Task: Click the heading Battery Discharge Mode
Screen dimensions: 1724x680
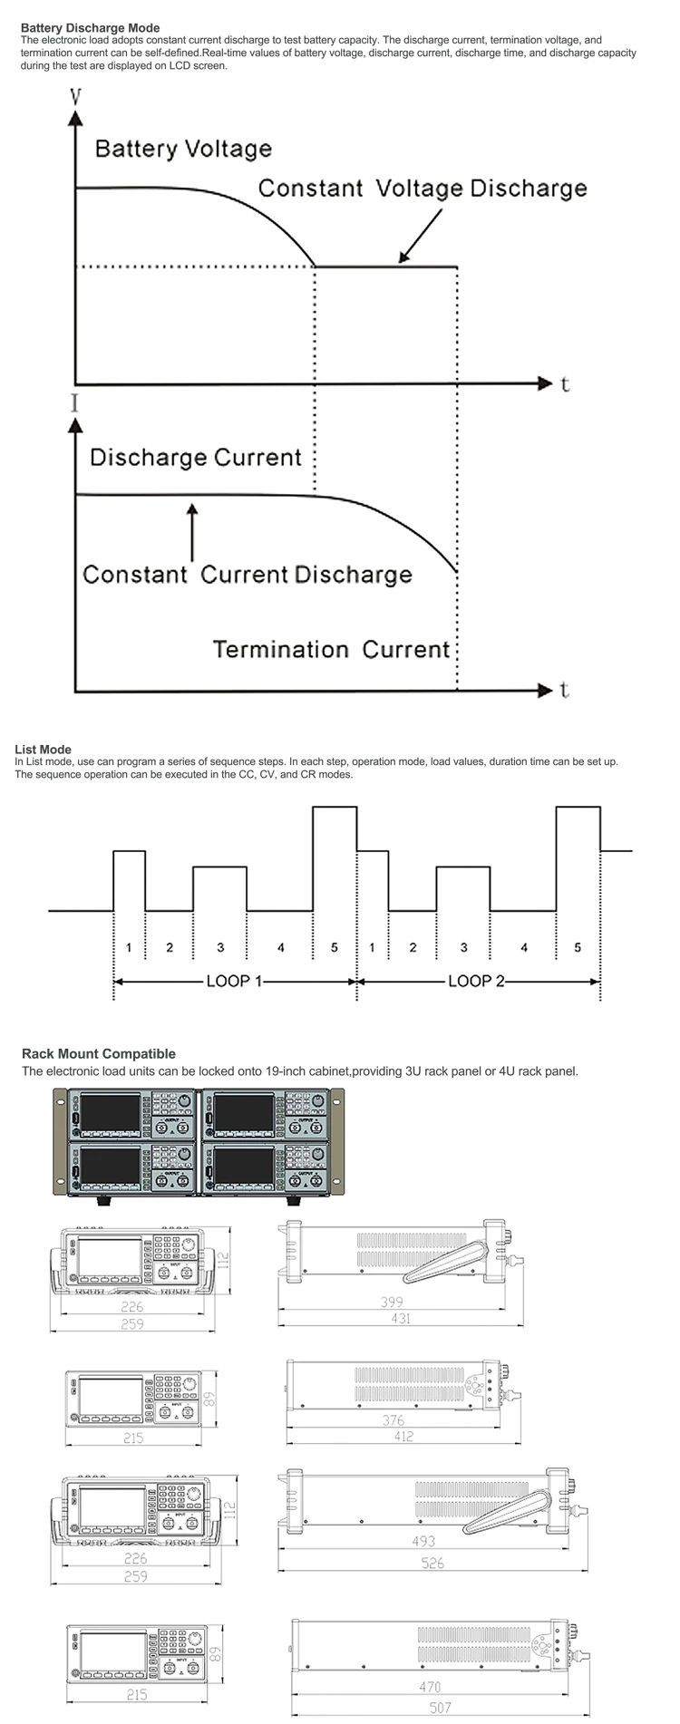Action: pos(90,28)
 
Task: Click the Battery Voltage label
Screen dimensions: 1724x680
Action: pos(183,149)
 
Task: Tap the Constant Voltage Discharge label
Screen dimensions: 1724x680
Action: pos(423,189)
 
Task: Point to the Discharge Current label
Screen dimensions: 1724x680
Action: pos(195,457)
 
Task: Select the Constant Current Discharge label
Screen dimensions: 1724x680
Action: pos(247,575)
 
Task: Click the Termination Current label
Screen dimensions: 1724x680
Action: pos(331,649)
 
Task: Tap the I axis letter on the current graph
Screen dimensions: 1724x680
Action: pos(74,403)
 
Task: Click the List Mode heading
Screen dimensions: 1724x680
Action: pos(43,750)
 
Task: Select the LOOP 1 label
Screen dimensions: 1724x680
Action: pos(234,981)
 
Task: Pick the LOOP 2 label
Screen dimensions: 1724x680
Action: pos(476,981)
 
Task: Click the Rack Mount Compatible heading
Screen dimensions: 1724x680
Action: pos(99,1054)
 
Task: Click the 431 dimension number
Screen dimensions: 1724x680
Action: pos(401,1319)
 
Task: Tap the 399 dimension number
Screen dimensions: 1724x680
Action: pos(391,1302)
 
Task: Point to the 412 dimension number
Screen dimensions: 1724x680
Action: pos(403,1437)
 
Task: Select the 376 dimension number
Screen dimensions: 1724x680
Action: pos(393,1420)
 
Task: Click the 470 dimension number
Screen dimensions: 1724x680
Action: pos(430,1686)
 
